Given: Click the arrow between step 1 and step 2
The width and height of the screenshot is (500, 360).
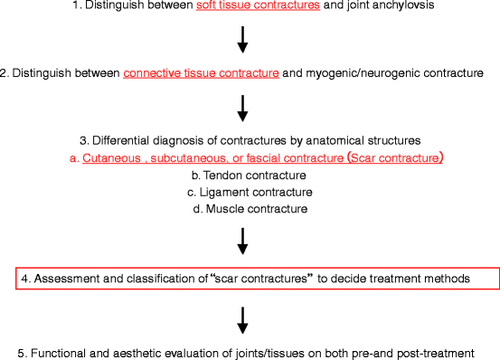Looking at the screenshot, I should [x=242, y=40].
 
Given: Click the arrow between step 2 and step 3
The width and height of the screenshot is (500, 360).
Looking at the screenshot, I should [x=242, y=108].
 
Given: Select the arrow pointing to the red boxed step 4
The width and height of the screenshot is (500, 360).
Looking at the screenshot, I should [x=242, y=241].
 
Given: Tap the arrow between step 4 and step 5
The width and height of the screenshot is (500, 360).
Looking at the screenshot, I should [x=242, y=318].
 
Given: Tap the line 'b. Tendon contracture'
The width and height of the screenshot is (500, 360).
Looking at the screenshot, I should [x=242, y=175].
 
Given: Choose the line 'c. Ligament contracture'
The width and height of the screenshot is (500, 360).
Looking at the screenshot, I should [x=242, y=193].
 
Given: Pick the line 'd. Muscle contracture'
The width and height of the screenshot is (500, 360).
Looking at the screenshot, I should [x=242, y=210].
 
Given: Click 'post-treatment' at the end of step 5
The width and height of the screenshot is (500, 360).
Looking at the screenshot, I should [x=459, y=352].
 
